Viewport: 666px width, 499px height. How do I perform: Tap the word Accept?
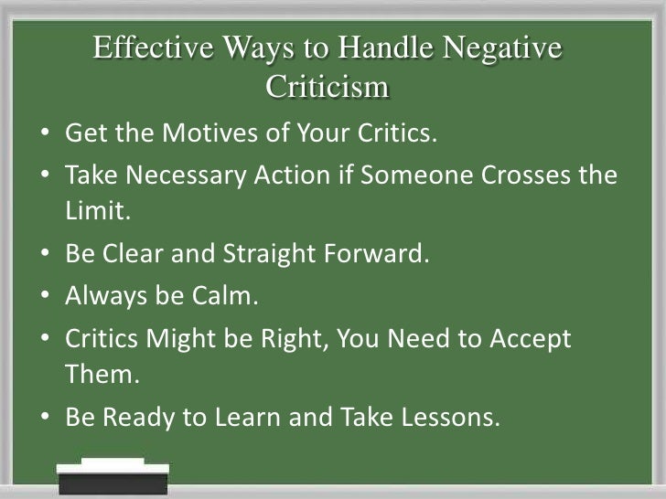tap(528, 338)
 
